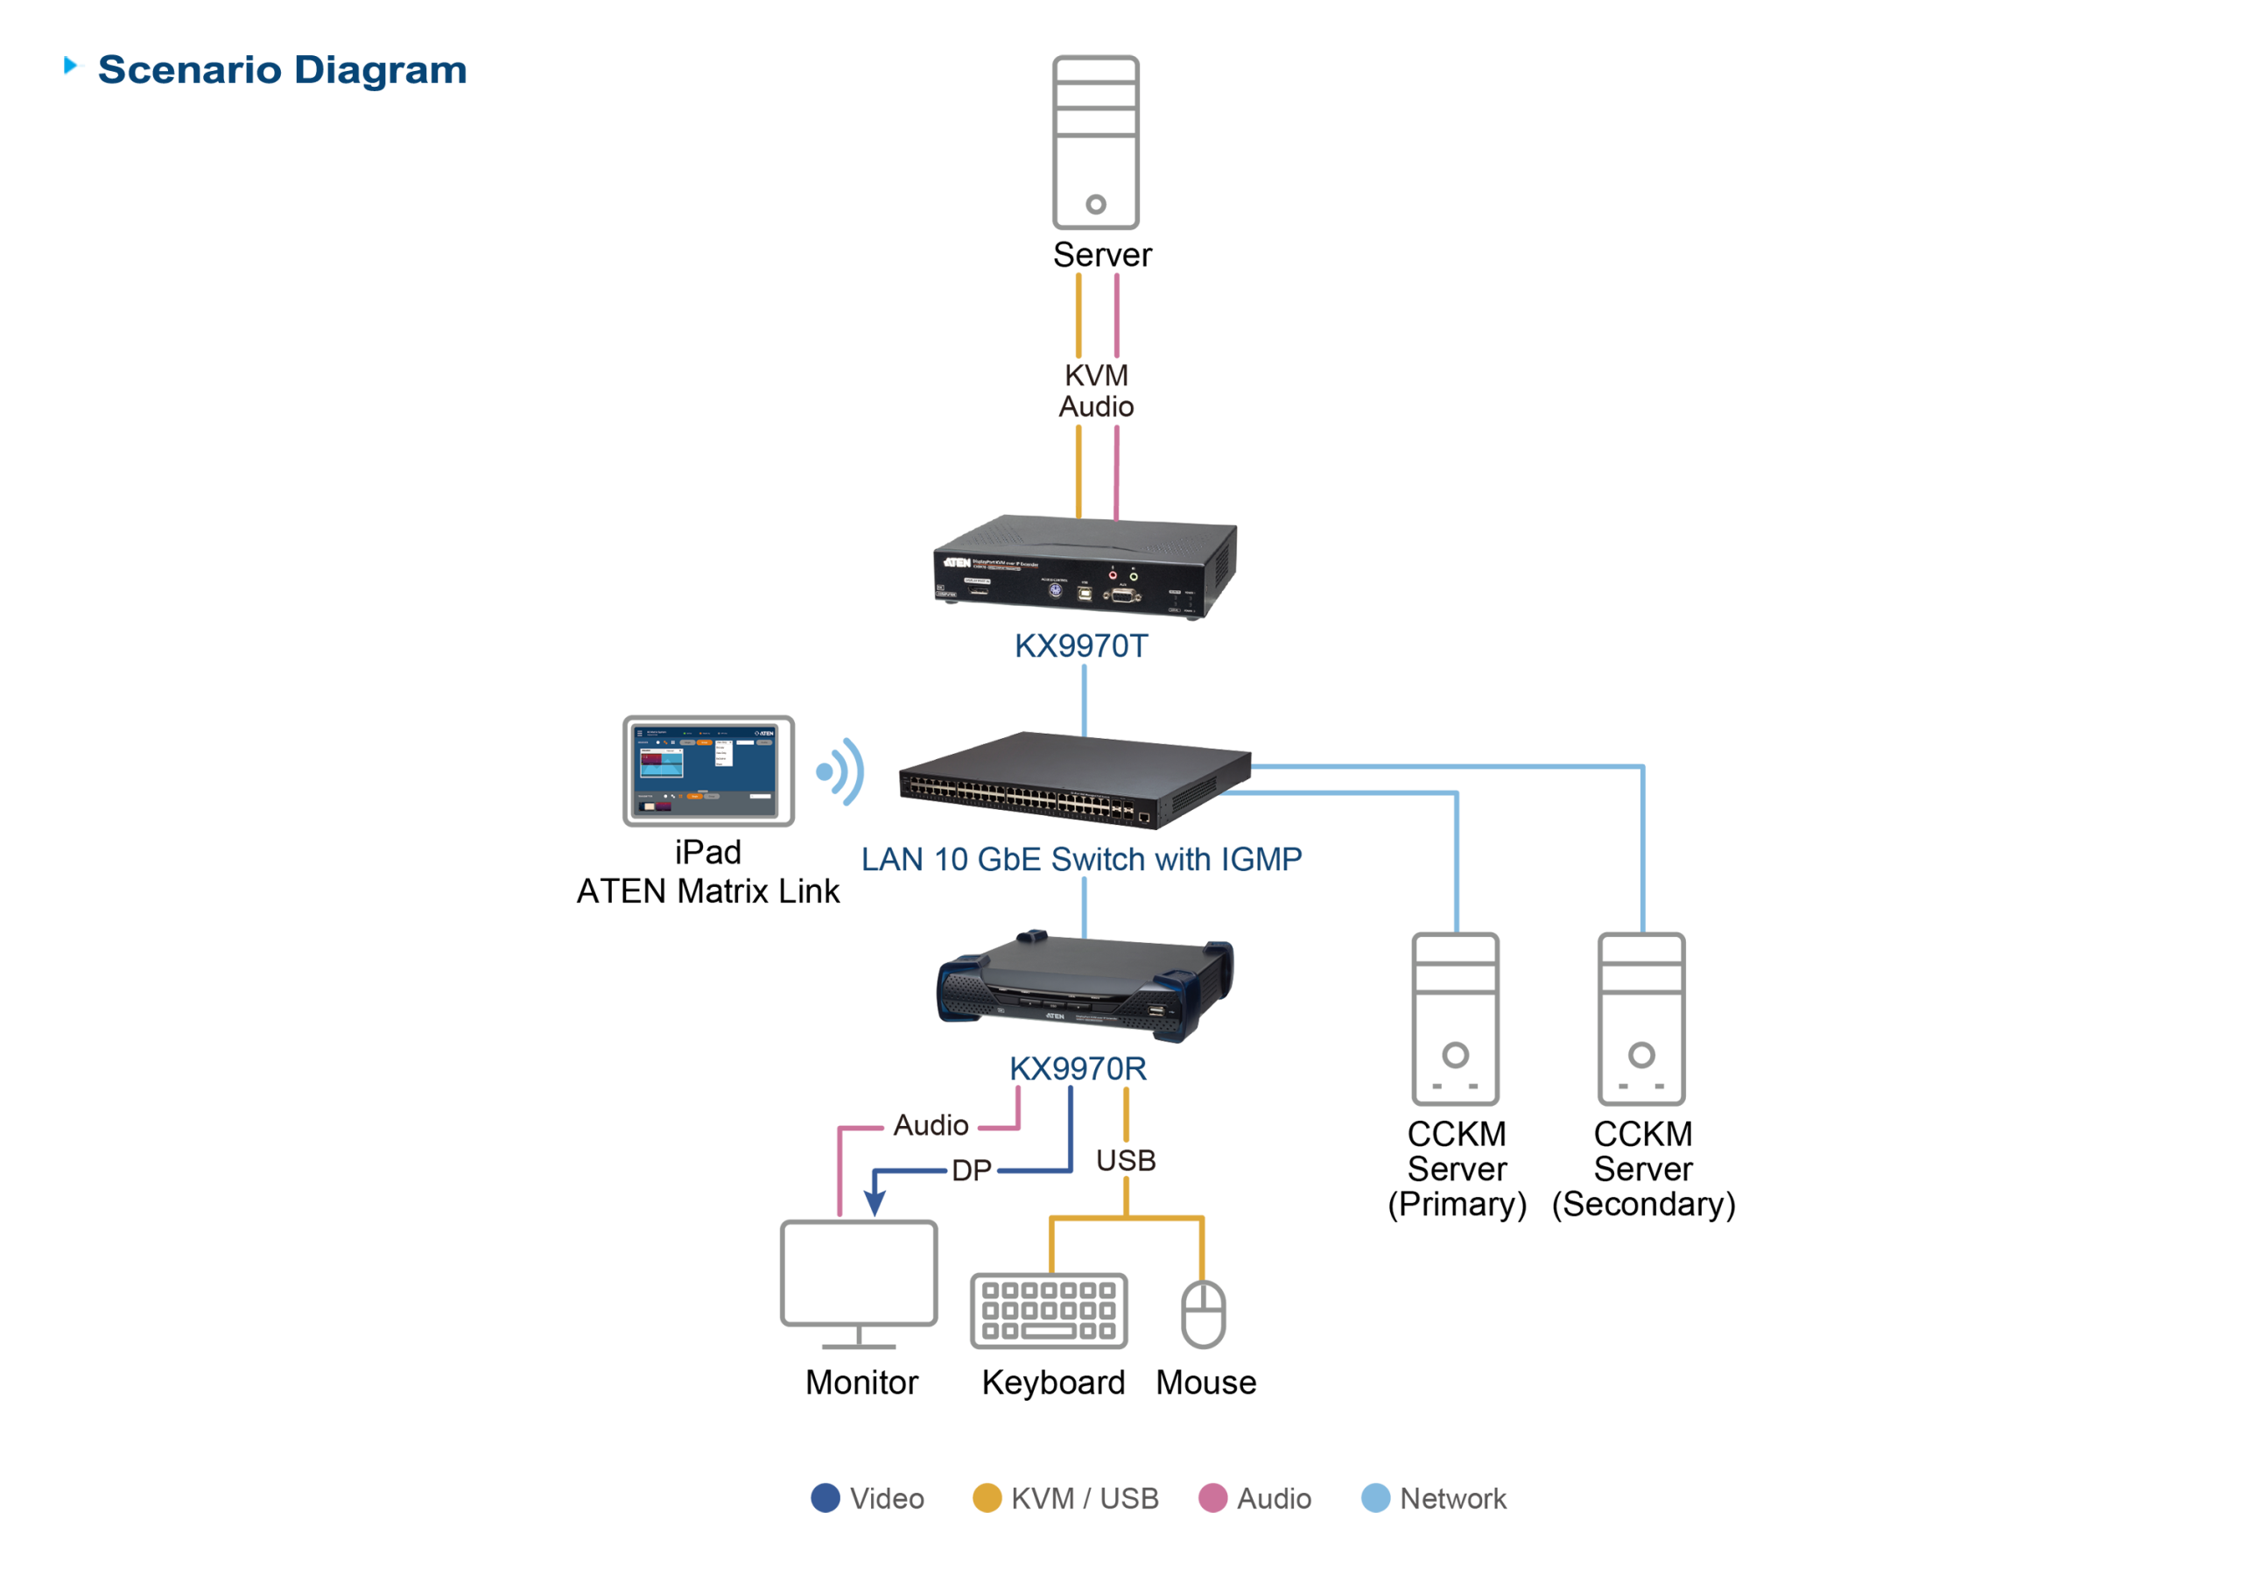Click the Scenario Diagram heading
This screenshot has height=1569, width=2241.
281,70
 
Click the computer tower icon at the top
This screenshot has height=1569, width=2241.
1095,143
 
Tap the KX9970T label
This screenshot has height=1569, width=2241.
1080,646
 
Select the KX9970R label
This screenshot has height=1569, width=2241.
1078,1068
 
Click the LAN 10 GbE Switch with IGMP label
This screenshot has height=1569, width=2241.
1080,859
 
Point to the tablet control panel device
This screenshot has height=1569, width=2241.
708,771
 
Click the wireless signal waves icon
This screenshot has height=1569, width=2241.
841,771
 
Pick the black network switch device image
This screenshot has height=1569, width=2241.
1073,781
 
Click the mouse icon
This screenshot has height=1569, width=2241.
1204,1313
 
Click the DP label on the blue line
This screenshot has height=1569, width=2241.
971,1170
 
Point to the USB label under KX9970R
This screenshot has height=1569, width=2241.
1126,1160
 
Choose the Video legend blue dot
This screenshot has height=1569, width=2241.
825,1498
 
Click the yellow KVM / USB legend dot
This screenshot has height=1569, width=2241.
987,1498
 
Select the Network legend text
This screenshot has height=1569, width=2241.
1452,1498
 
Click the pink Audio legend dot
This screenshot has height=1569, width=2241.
1212,1498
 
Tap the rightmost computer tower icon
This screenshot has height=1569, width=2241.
1640,1018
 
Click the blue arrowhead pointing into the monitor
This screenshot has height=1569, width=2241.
875,1204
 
